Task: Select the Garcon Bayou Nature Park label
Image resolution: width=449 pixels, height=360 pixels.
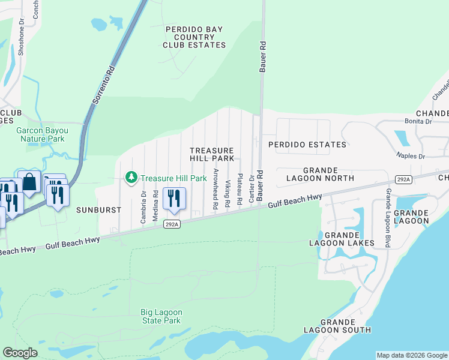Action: click(40, 134)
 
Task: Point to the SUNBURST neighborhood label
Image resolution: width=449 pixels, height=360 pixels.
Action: click(99, 210)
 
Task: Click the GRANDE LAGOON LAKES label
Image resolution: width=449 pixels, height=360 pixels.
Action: click(342, 238)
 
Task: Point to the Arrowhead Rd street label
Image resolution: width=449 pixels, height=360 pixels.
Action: click(215, 188)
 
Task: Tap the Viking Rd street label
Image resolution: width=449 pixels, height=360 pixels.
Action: click(228, 194)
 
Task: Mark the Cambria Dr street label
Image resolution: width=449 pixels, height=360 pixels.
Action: click(143, 207)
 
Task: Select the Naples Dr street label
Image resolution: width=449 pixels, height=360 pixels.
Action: click(410, 156)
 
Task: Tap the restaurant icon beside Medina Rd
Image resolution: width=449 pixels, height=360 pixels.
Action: click(174, 199)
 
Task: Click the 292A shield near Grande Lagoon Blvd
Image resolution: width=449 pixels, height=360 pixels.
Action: click(403, 179)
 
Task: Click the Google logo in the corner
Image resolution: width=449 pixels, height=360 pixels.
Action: click(20, 352)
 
